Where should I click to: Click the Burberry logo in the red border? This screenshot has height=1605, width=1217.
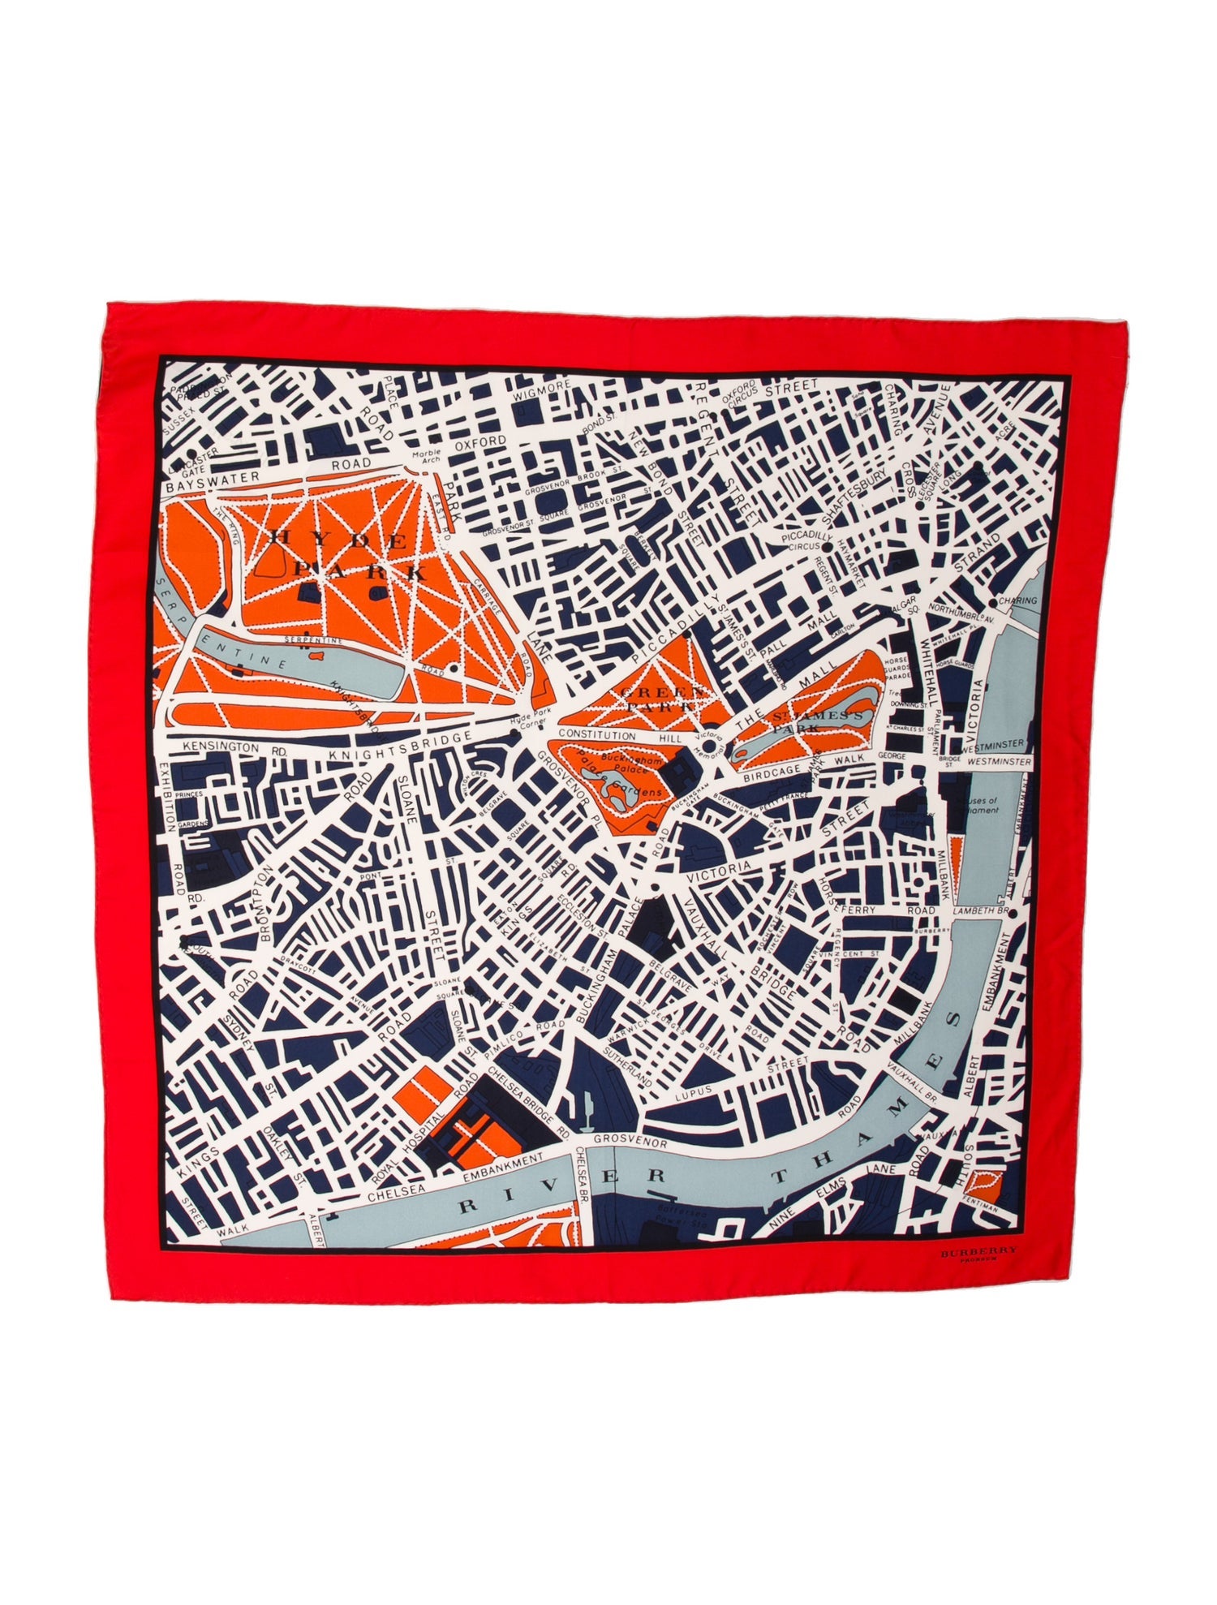tap(978, 1276)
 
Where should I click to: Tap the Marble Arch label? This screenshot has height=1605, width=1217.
tap(424, 458)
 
